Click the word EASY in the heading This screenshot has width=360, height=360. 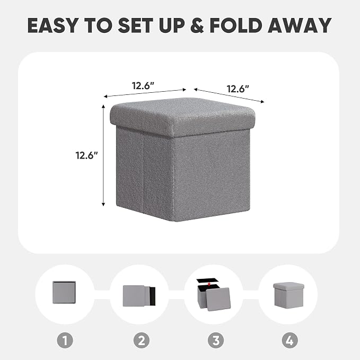pos(52,25)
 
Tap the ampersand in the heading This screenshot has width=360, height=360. pos(197,25)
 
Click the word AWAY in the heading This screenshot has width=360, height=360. pos(300,25)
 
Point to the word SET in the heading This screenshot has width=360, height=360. pos(135,25)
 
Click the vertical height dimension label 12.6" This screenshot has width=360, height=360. pos(87,155)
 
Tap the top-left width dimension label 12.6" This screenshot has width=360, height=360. pos(143,86)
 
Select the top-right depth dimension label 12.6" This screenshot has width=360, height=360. pos(238,89)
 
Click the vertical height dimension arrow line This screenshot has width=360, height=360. pos(103,155)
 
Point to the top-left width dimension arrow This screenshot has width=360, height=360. pos(145,93)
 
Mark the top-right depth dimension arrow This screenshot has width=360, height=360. pos(229,95)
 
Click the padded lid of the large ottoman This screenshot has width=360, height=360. pos(182,117)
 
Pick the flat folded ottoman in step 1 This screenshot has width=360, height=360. pos(64,292)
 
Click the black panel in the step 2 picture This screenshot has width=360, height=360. pos(153,296)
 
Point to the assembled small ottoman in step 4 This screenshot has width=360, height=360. pos(288,294)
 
